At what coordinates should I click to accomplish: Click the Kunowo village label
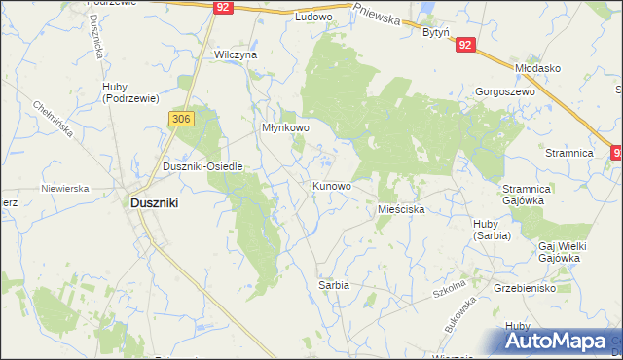tap(331, 185)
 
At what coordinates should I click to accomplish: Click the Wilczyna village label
tap(236, 55)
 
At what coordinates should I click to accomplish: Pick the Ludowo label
tap(313, 18)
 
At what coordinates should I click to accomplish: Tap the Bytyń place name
tap(435, 32)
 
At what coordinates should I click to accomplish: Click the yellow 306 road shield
tap(182, 119)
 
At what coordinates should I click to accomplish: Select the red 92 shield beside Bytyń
tap(464, 45)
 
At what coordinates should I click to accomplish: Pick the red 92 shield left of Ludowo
tap(224, 7)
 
